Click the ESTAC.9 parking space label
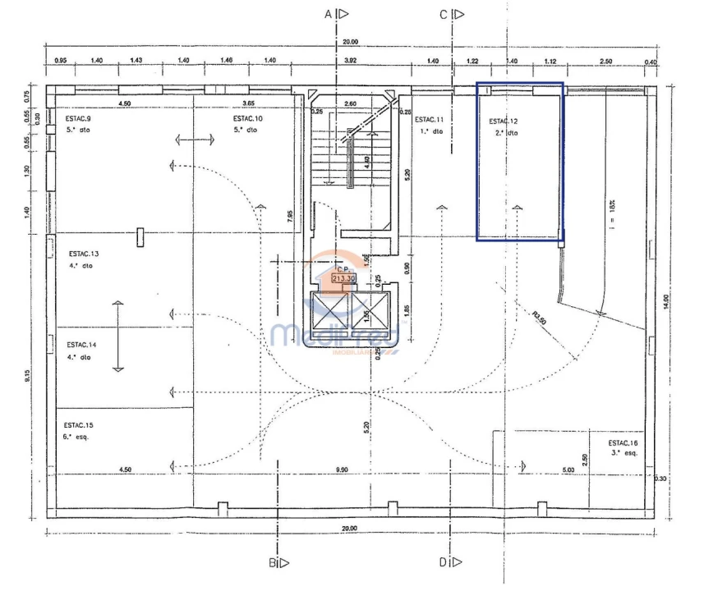click(x=79, y=118)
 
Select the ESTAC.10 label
click(x=247, y=118)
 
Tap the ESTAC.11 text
click(x=429, y=119)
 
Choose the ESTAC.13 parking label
click(x=83, y=254)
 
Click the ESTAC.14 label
click(x=83, y=345)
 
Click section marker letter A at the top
click(x=329, y=14)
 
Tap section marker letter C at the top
click(x=444, y=14)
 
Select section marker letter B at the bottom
click(x=272, y=562)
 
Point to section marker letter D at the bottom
click(x=443, y=562)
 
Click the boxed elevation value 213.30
click(x=343, y=278)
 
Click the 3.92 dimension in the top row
click(x=351, y=61)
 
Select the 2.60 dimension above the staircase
click(x=350, y=103)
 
